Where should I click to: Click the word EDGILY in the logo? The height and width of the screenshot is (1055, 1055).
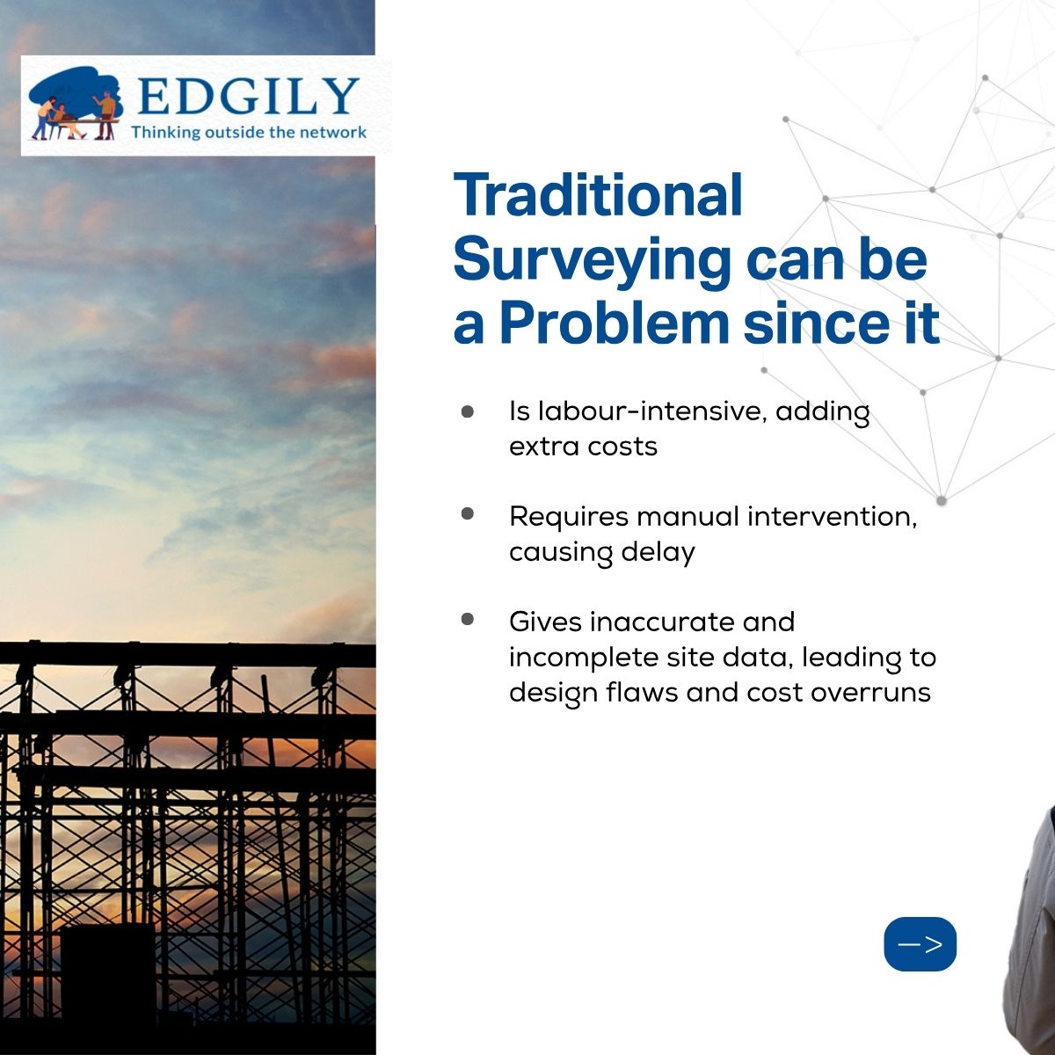(x=248, y=97)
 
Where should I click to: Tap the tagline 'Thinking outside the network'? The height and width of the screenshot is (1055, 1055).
(x=249, y=133)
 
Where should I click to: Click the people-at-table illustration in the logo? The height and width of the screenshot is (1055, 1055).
(x=75, y=103)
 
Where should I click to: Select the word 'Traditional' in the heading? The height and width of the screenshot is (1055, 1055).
(x=598, y=195)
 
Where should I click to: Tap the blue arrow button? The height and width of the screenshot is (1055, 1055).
(x=920, y=944)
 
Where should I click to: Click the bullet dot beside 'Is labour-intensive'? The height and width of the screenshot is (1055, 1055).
(x=467, y=411)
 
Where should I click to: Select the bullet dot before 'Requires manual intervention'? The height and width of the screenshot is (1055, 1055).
(x=467, y=513)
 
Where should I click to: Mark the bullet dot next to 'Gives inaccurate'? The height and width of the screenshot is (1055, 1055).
(x=467, y=619)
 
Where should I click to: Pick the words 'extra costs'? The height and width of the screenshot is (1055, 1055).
(x=583, y=447)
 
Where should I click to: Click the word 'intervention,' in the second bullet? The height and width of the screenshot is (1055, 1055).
(x=833, y=517)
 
